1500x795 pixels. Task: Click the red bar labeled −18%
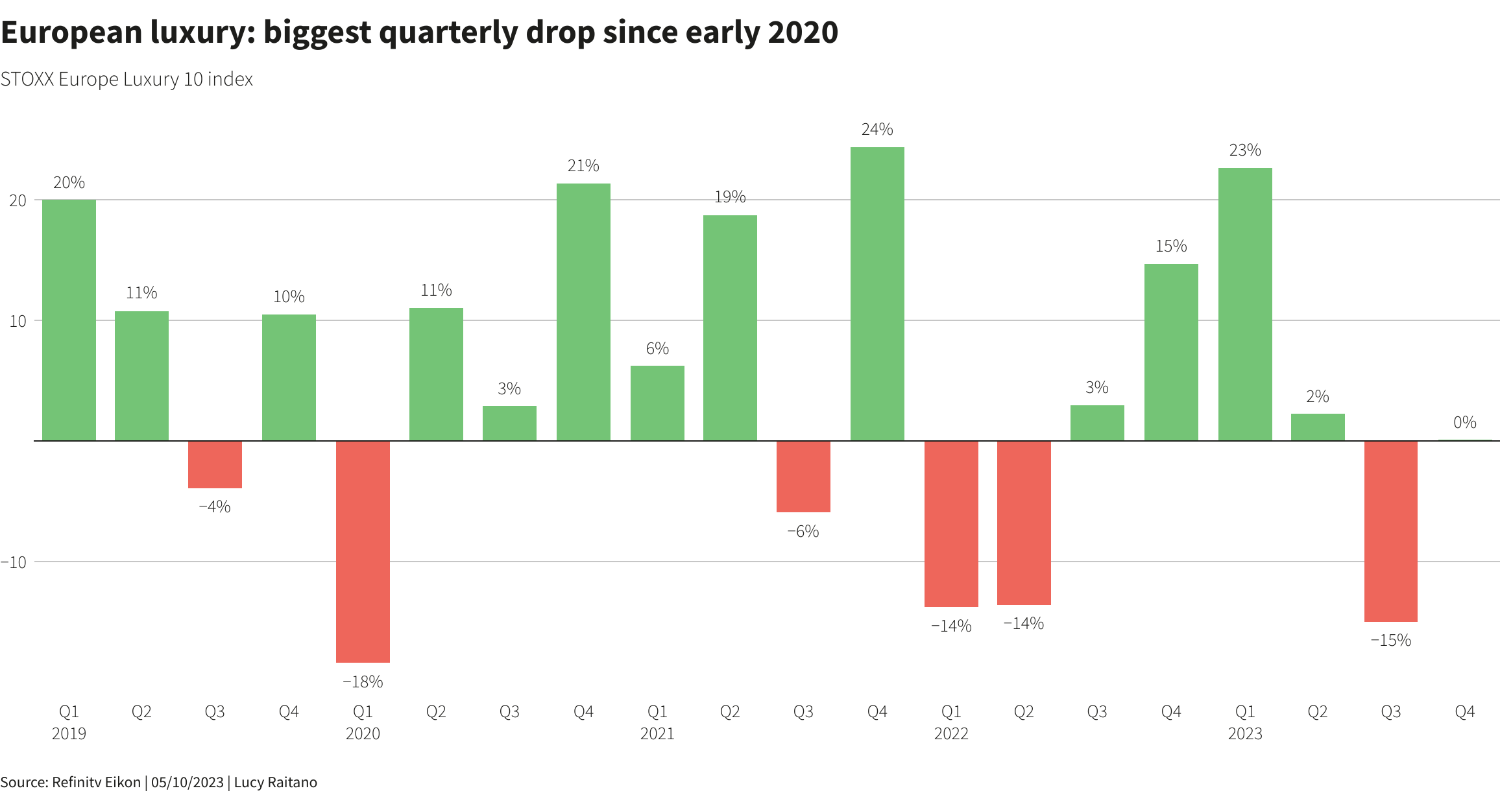pos(363,551)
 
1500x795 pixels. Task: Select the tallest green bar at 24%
pos(877,294)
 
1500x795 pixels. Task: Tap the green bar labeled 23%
pos(1245,304)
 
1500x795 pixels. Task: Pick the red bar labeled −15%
pos(1391,531)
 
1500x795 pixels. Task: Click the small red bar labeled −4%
pos(215,464)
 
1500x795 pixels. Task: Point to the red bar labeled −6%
pos(803,477)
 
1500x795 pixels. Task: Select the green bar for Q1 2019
pos(69,320)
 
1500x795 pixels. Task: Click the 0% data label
pos(1464,423)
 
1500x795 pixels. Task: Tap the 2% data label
pos(1317,397)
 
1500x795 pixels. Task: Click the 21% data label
pos(583,166)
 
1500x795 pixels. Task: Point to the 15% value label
pos(1171,246)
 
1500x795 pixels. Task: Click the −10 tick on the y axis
pos(14,562)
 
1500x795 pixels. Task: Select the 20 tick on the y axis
pos(18,200)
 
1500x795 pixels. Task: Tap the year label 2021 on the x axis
pos(657,734)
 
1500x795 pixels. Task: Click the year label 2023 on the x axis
pos(1245,734)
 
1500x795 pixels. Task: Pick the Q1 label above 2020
pos(363,712)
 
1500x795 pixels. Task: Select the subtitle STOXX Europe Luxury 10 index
pos(127,79)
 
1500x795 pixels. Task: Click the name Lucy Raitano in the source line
pos(275,782)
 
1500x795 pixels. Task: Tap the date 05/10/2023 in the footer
pos(187,782)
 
